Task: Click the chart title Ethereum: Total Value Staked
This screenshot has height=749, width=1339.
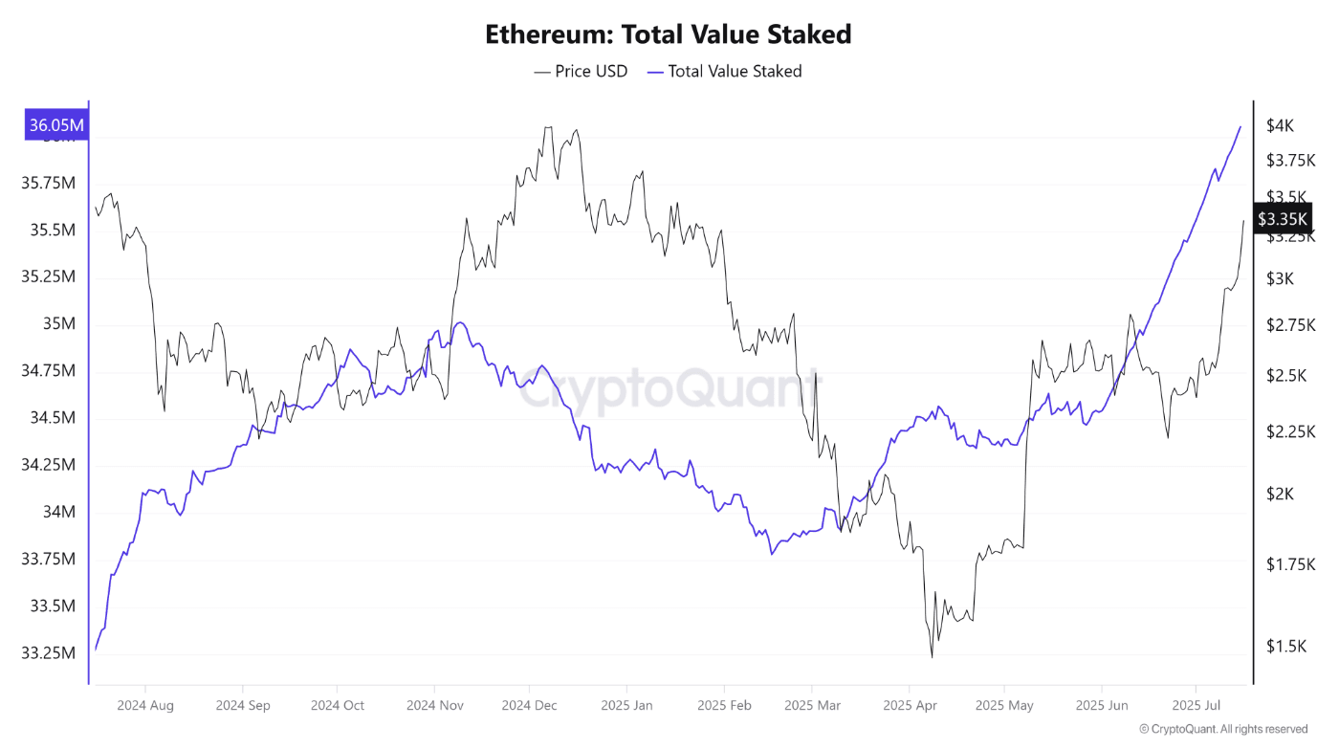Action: (x=668, y=35)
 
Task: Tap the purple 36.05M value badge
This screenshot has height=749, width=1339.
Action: (x=56, y=124)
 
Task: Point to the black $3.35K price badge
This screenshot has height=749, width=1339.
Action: (x=1282, y=219)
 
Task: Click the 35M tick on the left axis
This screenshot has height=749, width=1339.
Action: (x=58, y=323)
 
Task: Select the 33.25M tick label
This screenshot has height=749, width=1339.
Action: (x=48, y=653)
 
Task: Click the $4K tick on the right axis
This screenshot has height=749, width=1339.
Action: (x=1280, y=125)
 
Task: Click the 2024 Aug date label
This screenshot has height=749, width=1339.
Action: (x=145, y=706)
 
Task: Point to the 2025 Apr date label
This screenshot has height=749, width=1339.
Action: (x=909, y=706)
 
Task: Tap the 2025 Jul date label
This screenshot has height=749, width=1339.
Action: (x=1196, y=706)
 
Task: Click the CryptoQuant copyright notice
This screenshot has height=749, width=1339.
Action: (x=1223, y=729)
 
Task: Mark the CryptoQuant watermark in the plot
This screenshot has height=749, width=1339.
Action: (x=669, y=390)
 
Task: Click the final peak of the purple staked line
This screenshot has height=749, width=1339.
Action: (x=1240, y=126)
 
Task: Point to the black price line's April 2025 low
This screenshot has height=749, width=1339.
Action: (x=932, y=656)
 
